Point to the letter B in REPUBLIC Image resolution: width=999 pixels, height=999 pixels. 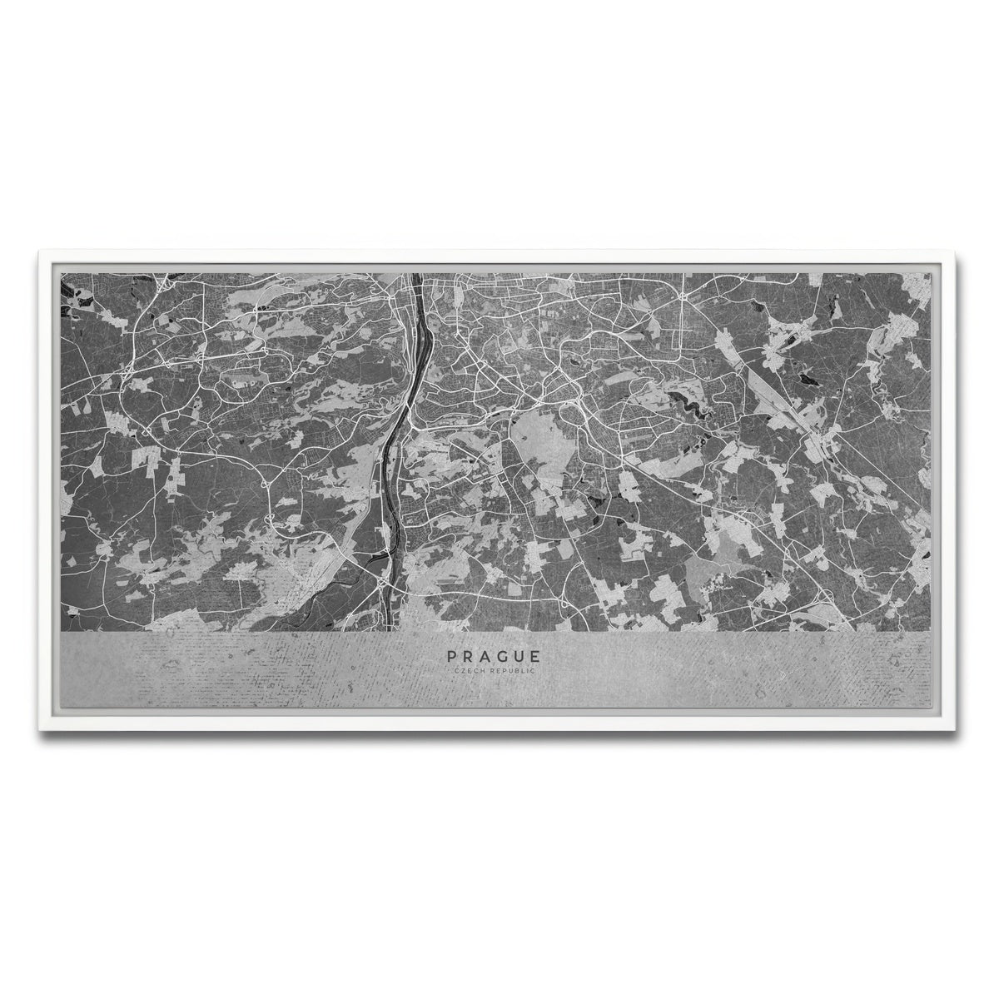517,670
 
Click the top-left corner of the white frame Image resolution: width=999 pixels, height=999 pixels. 38,250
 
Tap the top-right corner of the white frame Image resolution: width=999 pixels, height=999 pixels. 961,250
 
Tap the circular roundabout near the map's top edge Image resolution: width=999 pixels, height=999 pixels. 681,296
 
